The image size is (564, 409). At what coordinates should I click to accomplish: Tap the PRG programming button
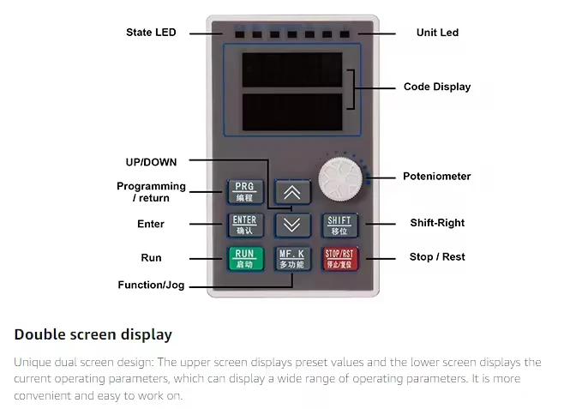(244, 190)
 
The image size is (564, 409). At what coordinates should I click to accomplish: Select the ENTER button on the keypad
(244, 225)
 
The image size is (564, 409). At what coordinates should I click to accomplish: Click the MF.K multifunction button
(291, 258)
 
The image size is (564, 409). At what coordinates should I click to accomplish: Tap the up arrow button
(291, 191)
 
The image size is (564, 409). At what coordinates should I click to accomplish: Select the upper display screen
(291, 69)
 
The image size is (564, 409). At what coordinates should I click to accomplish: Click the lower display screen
(291, 111)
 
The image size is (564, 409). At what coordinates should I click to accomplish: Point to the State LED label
(151, 33)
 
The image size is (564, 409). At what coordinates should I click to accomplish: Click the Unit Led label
(437, 33)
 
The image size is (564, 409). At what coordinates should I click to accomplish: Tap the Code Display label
(437, 87)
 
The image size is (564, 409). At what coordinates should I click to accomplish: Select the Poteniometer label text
(437, 177)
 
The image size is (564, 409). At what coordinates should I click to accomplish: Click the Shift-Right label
(437, 223)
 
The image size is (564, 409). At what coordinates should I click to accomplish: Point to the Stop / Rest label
(437, 257)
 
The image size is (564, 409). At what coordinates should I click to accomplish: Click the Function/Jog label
(151, 286)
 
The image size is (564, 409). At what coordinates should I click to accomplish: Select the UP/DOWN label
(153, 160)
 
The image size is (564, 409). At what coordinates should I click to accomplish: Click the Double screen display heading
(93, 334)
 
